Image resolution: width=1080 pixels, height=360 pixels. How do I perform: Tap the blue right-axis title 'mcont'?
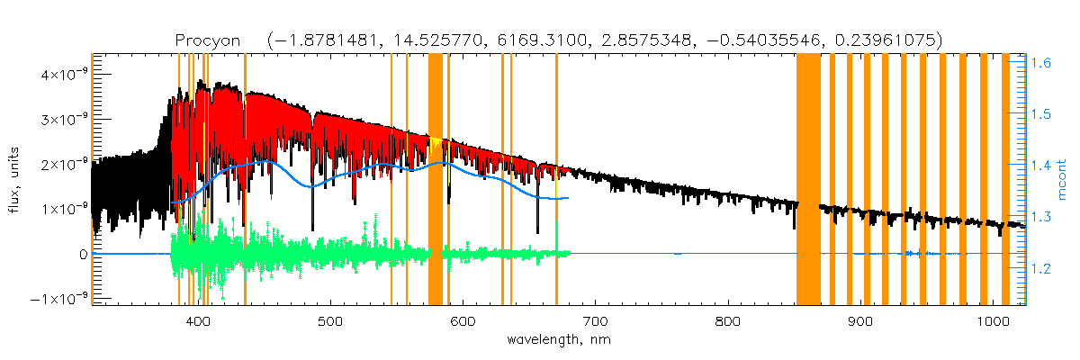(x=1063, y=180)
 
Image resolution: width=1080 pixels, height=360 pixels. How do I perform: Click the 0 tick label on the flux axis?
(x=83, y=254)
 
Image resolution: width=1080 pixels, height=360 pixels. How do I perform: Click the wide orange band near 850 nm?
(x=808, y=180)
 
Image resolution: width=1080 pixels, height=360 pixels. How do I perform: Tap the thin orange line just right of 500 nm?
(x=391, y=180)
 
